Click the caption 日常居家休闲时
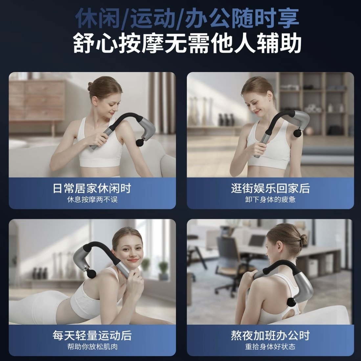point(92,189)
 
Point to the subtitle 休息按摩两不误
point(92,200)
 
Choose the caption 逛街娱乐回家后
point(270,189)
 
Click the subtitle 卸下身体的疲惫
point(270,200)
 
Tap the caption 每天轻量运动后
point(92,335)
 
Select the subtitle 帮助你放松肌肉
point(92,347)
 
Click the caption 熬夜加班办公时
point(270,335)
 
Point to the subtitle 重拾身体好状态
point(270,347)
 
